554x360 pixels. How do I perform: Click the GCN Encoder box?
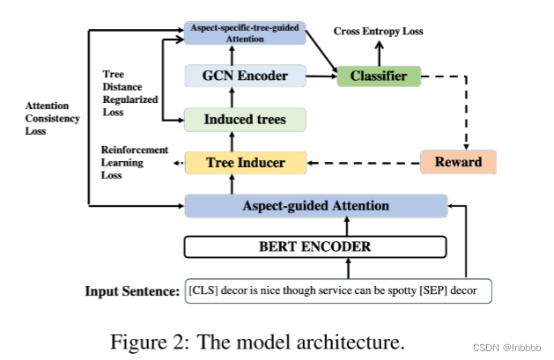coord(245,77)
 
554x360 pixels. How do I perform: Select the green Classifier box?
coord(380,77)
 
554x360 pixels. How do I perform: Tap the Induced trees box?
coord(245,120)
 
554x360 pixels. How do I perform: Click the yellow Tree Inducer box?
coord(245,162)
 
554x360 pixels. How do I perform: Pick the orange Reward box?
coord(458,162)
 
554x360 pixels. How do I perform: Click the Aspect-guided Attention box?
coord(315,206)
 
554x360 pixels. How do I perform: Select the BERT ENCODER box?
coord(315,247)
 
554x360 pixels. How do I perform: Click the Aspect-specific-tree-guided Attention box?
coord(245,33)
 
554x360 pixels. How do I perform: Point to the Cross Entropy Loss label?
coord(378,32)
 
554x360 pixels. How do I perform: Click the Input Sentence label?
coord(132,290)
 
